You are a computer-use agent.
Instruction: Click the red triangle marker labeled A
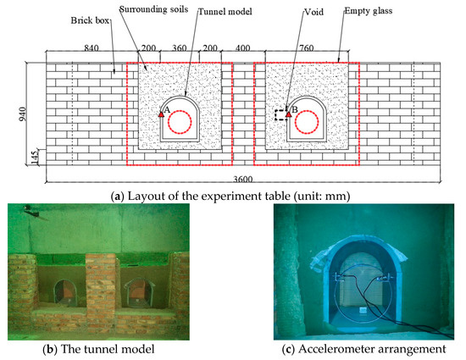pos(161,112)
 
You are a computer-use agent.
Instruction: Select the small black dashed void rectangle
pos(280,114)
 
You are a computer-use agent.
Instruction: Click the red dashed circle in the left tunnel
pos(180,124)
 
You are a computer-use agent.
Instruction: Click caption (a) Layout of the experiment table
pos(233,197)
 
